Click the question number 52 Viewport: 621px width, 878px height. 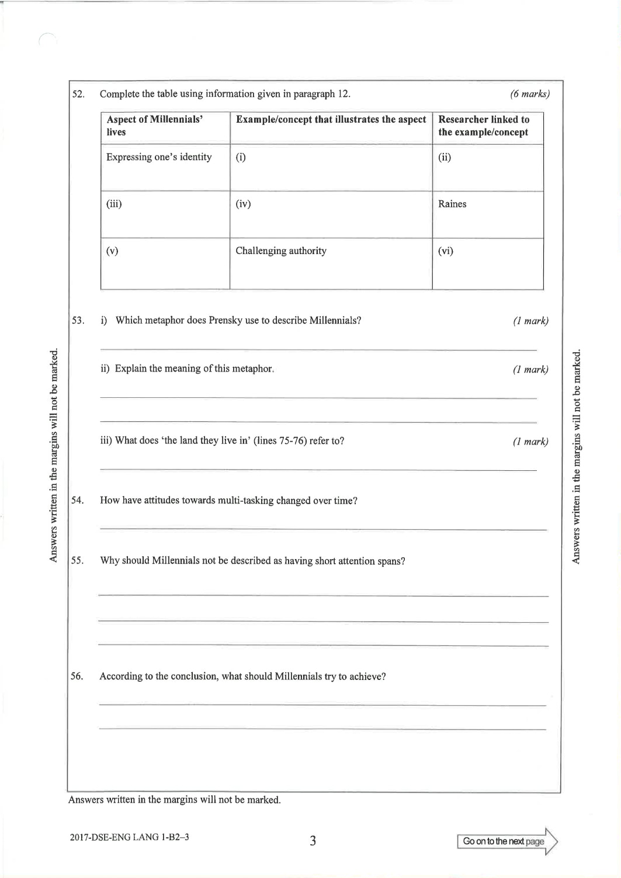77,93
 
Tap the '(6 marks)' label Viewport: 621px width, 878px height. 529,93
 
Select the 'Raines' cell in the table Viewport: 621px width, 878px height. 452,204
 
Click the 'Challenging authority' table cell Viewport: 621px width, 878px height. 281,251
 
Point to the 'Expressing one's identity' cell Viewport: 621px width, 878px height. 159,157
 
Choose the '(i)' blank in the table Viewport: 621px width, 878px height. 241,157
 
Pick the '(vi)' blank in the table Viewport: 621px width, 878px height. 446,251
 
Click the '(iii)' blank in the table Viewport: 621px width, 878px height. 114,204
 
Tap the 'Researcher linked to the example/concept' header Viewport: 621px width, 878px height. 484,126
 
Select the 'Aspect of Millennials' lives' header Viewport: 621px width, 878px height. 155,126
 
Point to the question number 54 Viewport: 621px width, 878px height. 77,500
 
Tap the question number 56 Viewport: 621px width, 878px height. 77,676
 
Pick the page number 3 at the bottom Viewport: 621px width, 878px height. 313,841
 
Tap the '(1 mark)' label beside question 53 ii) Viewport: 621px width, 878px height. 530,369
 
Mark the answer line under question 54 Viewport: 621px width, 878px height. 323,529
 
